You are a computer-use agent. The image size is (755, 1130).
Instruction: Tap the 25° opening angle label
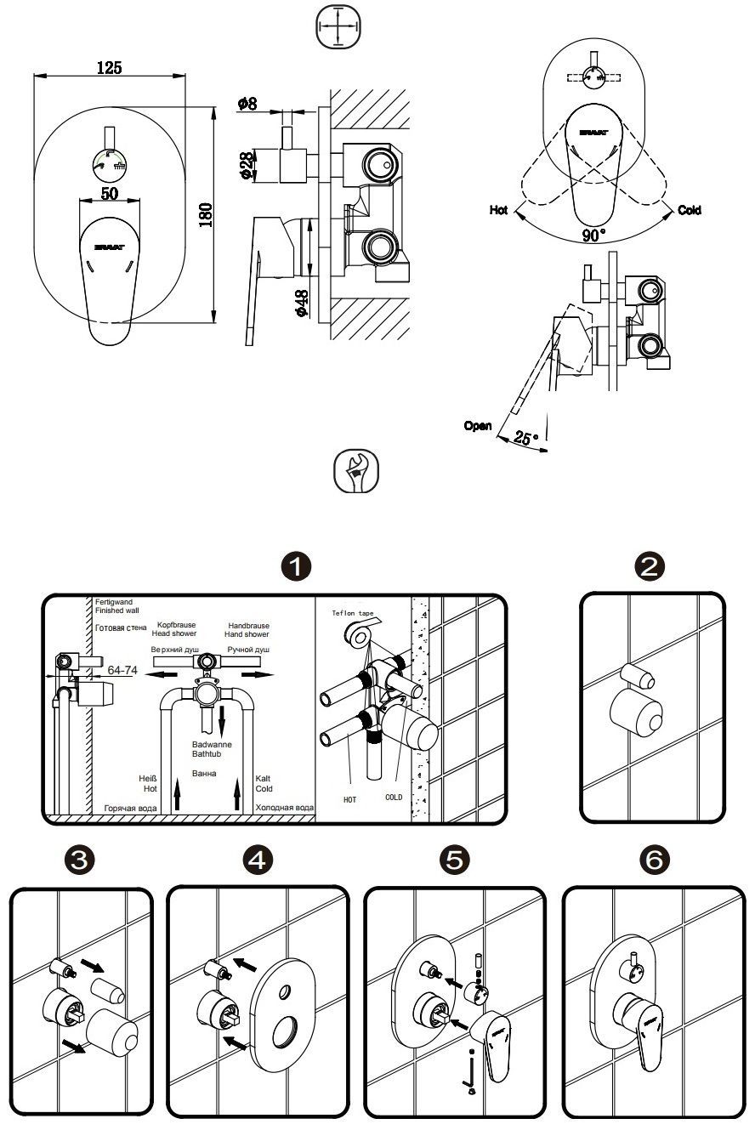tap(527, 438)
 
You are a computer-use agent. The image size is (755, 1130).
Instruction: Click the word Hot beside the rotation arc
tap(500, 210)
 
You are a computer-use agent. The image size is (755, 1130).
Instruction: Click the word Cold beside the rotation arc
tap(690, 210)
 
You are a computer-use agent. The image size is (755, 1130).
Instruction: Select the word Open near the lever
tap(478, 426)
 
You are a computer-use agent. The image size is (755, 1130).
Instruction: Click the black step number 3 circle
tap(81, 860)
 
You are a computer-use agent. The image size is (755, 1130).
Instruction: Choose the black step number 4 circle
tap(258, 860)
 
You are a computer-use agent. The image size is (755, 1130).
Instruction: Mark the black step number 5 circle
tap(456, 860)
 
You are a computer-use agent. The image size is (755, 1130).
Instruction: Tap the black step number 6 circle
tap(654, 860)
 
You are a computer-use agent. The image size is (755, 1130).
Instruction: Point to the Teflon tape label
tap(353, 611)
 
